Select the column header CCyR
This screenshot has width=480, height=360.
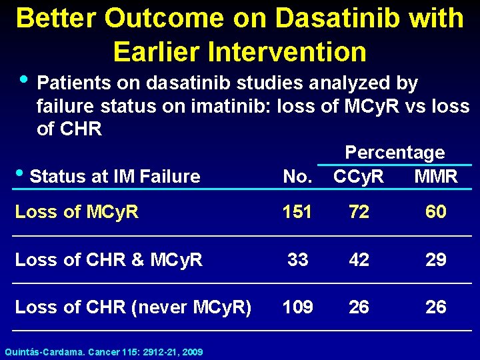[x=359, y=177]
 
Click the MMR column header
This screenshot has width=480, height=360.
[x=436, y=177]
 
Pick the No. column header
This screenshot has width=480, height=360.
[x=297, y=177]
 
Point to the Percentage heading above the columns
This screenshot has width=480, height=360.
[x=395, y=153]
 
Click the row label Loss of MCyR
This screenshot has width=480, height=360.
[x=77, y=212]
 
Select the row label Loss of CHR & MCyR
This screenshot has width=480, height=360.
[x=109, y=259]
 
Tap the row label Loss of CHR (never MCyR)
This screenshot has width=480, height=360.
[x=133, y=307]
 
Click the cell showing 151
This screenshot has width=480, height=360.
[x=297, y=212]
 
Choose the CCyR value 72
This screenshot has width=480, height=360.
[x=359, y=212]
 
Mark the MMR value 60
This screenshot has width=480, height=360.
[x=436, y=212]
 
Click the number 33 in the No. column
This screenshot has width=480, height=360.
[x=297, y=259]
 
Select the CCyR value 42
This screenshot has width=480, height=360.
[x=359, y=259]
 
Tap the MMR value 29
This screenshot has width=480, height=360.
[x=436, y=259]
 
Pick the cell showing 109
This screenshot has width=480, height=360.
[x=297, y=307]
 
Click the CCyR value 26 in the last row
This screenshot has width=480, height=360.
[x=359, y=307]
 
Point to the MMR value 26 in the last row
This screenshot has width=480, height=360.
[x=436, y=307]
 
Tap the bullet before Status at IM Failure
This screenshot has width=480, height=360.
[x=20, y=175]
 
